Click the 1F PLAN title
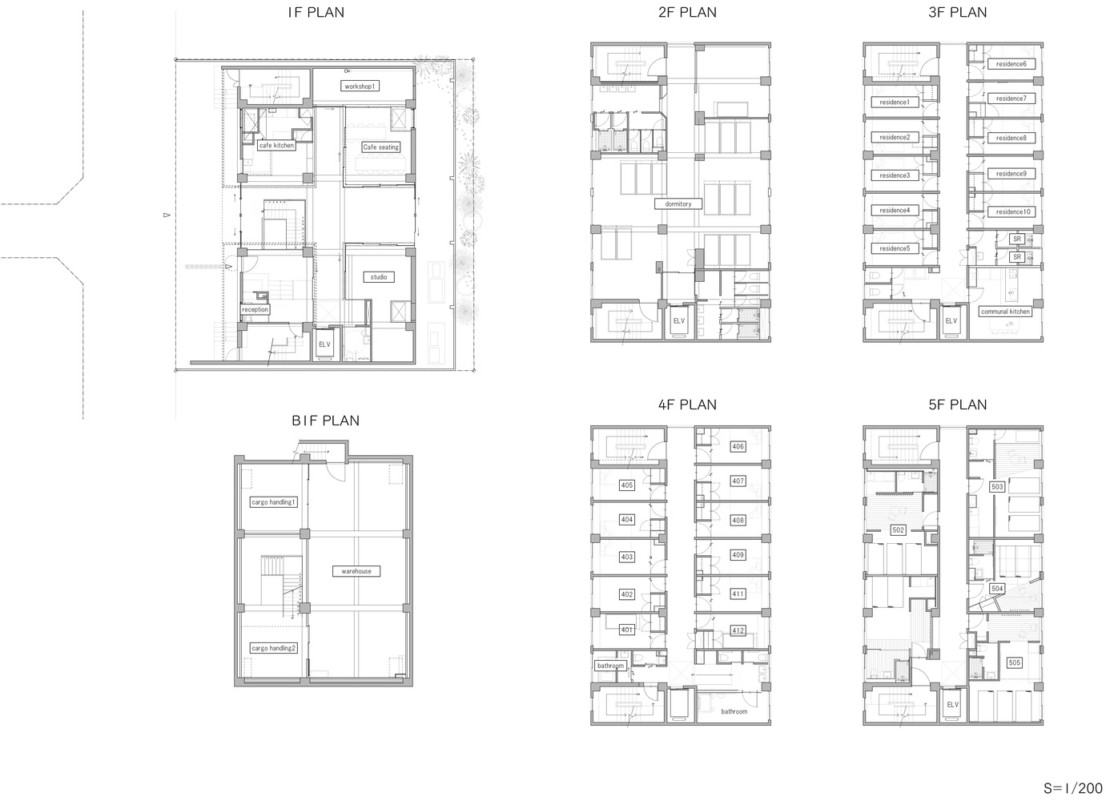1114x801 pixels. pyautogui.click(x=316, y=13)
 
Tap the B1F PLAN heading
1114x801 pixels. pyautogui.click(x=325, y=421)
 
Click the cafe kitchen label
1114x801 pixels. pyautogui.click(x=276, y=145)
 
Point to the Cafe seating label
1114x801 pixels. pyautogui.click(x=381, y=147)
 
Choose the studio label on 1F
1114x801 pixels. pyautogui.click(x=379, y=277)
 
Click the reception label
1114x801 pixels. pyautogui.click(x=255, y=309)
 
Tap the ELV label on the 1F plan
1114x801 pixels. pyautogui.click(x=324, y=344)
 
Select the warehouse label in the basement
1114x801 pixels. pyautogui.click(x=356, y=571)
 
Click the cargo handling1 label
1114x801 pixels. pyautogui.click(x=274, y=502)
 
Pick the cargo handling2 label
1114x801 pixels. pyautogui.click(x=274, y=648)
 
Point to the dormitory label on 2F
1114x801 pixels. pyautogui.click(x=678, y=204)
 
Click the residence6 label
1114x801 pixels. pyautogui.click(x=1011, y=64)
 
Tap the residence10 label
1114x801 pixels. pyautogui.click(x=1013, y=212)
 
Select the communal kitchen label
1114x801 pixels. pyautogui.click(x=1005, y=312)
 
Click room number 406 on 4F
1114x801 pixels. pyautogui.click(x=738, y=447)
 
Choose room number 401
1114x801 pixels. pyautogui.click(x=626, y=630)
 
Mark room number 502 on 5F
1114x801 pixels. pyautogui.click(x=898, y=530)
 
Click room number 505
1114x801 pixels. pyautogui.click(x=1015, y=662)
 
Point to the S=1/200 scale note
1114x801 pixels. pyautogui.click(x=1072, y=788)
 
